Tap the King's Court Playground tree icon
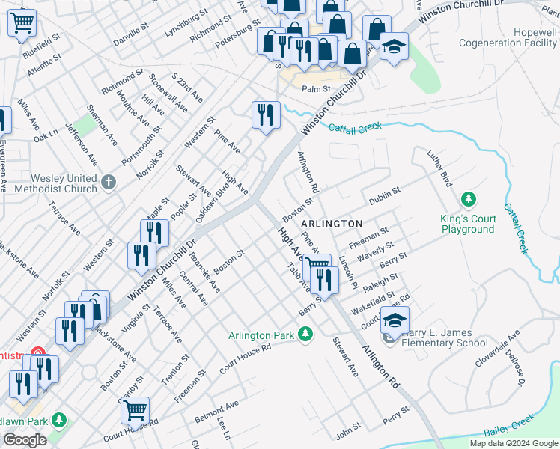coord(469,200)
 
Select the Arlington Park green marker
coord(305,334)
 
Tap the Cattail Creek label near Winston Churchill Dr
coord(355,128)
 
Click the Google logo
coord(25,439)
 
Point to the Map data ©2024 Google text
coord(514,443)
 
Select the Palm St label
coord(316,89)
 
